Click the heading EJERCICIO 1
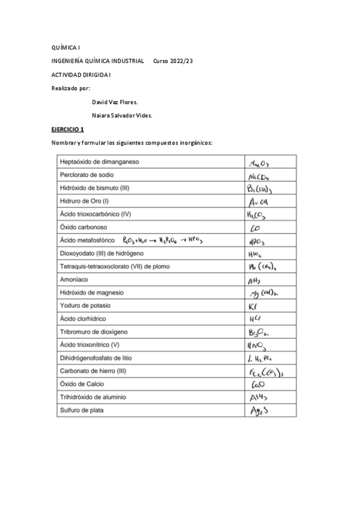click(x=67, y=129)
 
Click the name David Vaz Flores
click(x=115, y=102)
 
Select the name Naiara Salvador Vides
click(x=121, y=115)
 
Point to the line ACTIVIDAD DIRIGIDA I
click(x=81, y=75)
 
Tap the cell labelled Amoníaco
click(x=75, y=279)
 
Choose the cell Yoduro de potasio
click(x=85, y=306)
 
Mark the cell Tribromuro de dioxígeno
click(x=94, y=332)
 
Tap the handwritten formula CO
click(x=254, y=228)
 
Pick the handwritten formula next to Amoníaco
click(x=254, y=280)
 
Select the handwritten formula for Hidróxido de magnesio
click(x=264, y=293)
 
